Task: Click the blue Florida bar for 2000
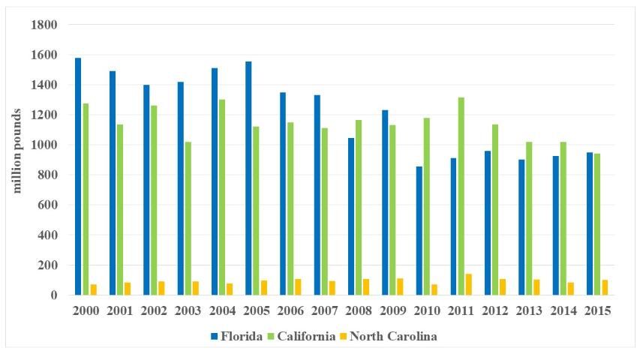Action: click(x=78, y=176)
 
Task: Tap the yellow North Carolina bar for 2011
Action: click(x=469, y=284)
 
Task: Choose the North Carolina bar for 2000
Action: click(x=94, y=289)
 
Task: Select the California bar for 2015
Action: click(x=597, y=224)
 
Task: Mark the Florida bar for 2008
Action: click(x=350, y=217)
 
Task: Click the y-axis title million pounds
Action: click(x=17, y=150)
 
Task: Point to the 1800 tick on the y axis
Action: click(x=44, y=25)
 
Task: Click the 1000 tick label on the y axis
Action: click(x=44, y=145)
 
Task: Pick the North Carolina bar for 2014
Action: click(x=571, y=289)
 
